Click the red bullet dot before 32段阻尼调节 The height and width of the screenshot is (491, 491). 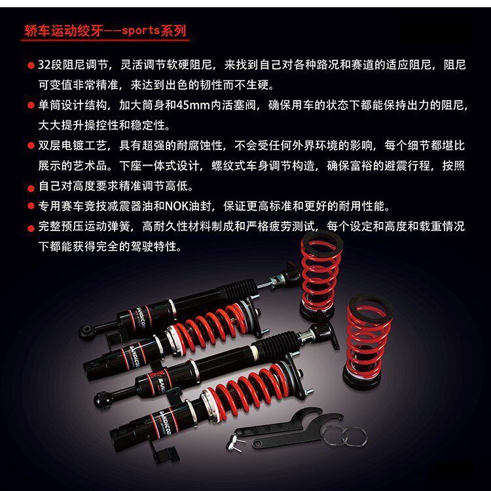click(x=31, y=66)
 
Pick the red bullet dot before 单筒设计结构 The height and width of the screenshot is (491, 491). click(x=31, y=105)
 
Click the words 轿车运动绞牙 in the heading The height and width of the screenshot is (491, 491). click(x=64, y=30)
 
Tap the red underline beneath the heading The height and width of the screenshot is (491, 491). click(x=105, y=41)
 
